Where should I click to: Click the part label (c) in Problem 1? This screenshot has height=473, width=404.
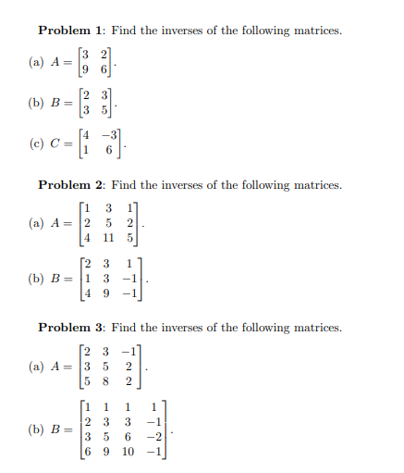click(x=37, y=146)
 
